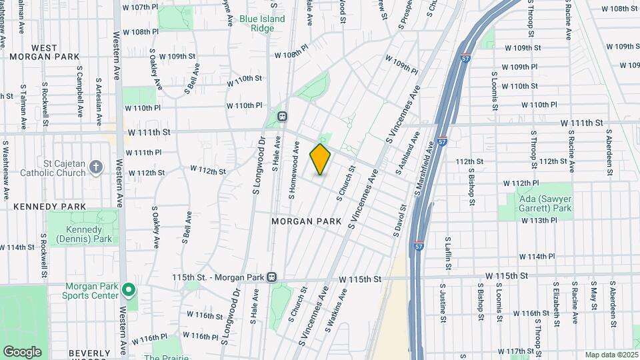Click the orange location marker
(320, 159)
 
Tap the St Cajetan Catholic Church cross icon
(96, 166)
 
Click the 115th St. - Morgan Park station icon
(271, 277)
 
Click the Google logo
(22, 351)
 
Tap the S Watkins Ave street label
(336, 309)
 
